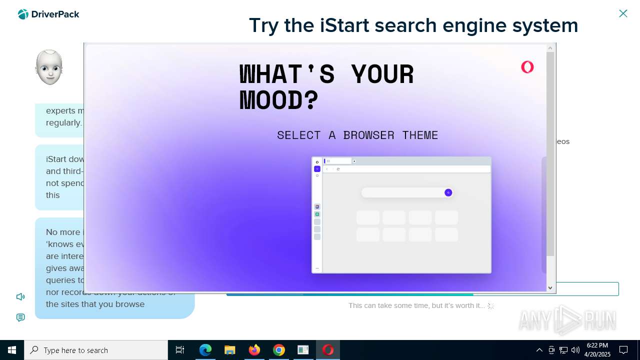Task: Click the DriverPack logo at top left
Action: point(48,14)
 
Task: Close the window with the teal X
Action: point(623,13)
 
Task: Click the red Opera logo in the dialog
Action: point(527,67)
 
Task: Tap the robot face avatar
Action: point(49,67)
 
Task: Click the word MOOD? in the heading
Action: point(279,100)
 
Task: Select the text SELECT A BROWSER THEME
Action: point(357,135)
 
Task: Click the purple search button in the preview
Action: point(448,192)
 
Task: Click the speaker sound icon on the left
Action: point(20,297)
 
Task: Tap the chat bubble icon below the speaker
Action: point(20,317)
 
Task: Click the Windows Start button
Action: point(12,350)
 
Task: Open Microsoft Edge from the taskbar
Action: point(205,350)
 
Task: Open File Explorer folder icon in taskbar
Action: point(230,350)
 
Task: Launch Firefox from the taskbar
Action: point(254,350)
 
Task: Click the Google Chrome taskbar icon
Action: point(279,350)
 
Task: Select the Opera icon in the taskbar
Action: point(328,350)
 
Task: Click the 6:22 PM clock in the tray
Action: point(597,350)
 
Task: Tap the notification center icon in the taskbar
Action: point(623,350)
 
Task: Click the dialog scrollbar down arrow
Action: point(550,287)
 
